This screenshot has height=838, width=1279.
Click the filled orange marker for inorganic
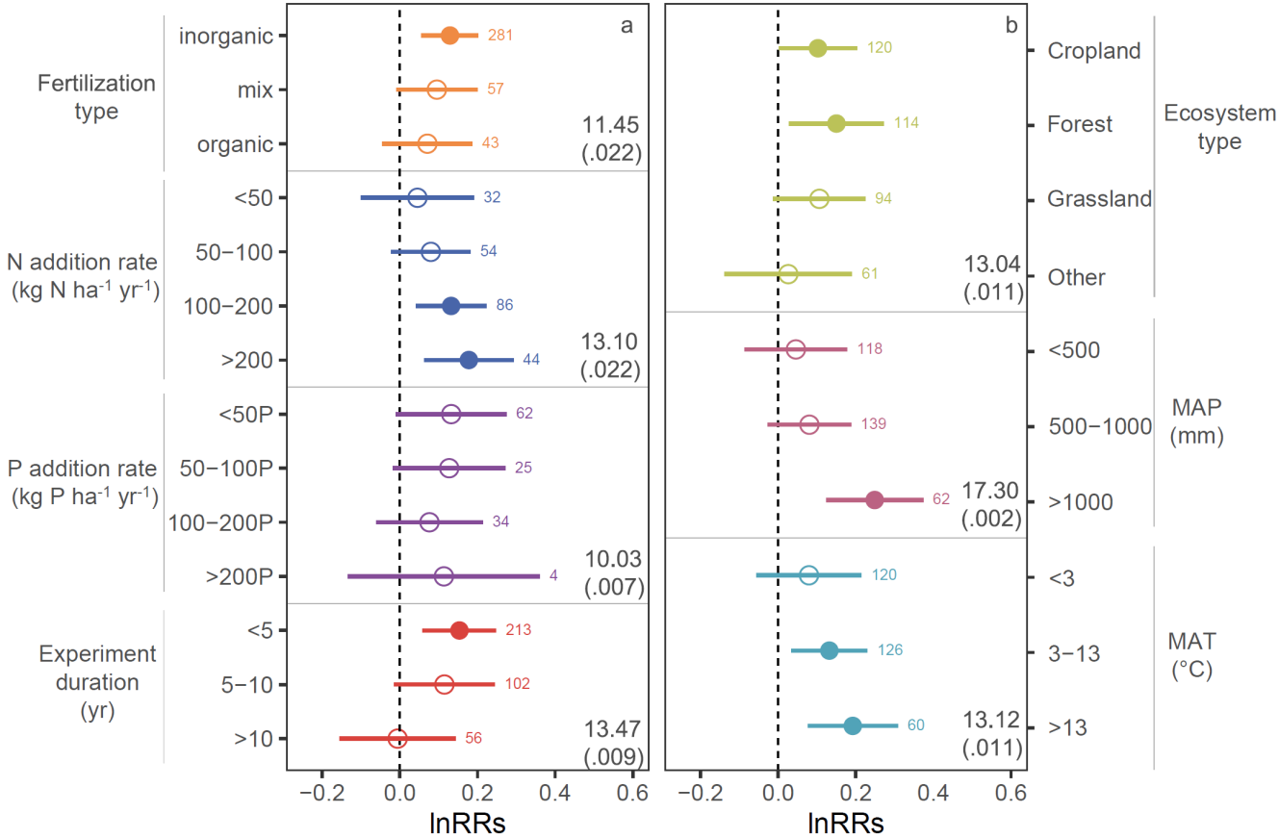click(449, 35)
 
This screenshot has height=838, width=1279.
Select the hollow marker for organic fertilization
click(427, 143)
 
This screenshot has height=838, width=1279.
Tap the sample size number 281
click(500, 36)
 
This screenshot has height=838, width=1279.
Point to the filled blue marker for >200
click(469, 360)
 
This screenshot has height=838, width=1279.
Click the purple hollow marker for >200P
click(444, 577)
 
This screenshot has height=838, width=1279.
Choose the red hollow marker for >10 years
click(397, 739)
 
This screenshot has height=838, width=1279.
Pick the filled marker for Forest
click(836, 123)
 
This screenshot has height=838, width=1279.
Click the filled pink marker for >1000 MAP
click(874, 500)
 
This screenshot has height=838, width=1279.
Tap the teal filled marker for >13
click(853, 725)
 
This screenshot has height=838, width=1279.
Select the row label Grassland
click(1099, 199)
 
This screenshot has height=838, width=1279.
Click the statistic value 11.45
click(611, 125)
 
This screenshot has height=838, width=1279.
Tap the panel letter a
click(627, 26)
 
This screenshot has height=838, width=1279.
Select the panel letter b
click(1010, 26)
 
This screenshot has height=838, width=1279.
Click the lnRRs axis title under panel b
click(846, 823)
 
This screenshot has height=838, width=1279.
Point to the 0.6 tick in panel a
click(631, 794)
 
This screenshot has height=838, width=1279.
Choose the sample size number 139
click(874, 424)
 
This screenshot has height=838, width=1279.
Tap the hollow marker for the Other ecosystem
click(788, 274)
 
